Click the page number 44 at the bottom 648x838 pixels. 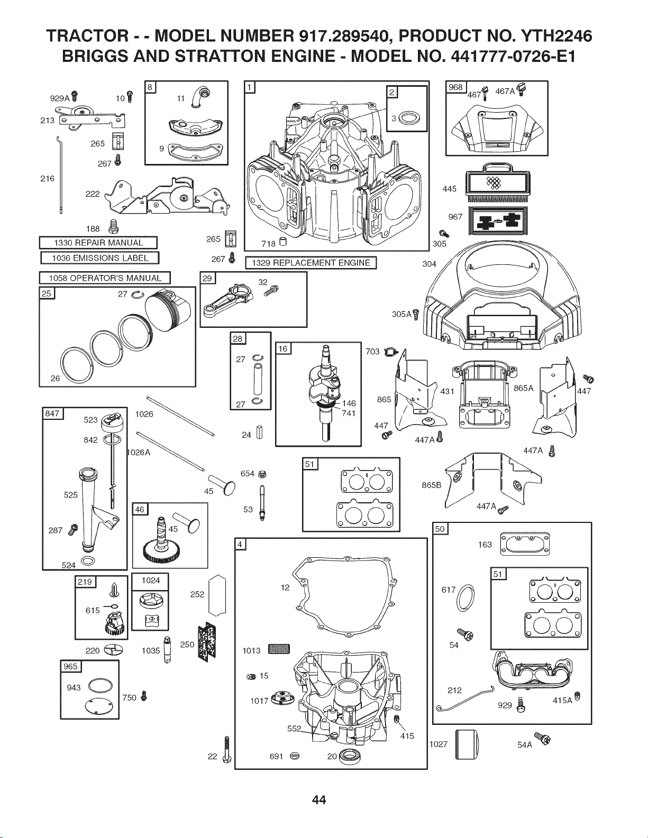(x=319, y=800)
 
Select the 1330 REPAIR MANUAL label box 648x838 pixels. (x=98, y=243)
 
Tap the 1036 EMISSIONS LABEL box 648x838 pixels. (x=100, y=258)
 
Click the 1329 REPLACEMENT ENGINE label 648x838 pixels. (x=311, y=263)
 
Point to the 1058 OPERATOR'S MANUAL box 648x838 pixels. (x=105, y=278)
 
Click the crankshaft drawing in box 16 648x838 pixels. (x=325, y=393)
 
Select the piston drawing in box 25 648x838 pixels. (x=169, y=310)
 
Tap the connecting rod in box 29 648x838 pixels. (x=229, y=300)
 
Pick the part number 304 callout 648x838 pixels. (x=430, y=264)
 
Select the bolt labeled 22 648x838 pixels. (x=226, y=750)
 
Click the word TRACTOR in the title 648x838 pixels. (x=87, y=36)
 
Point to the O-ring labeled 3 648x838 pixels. (x=408, y=117)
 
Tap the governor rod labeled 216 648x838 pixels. (x=60, y=175)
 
